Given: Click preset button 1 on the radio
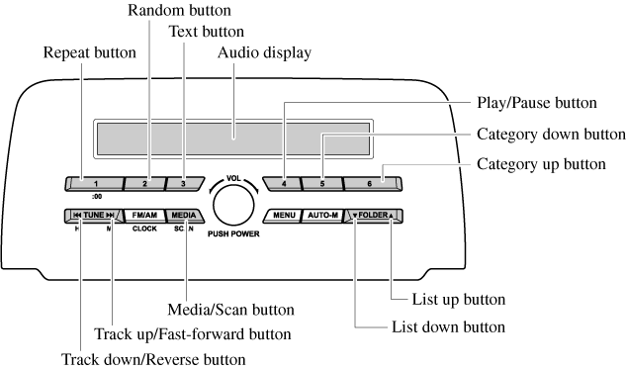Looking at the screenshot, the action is [x=95, y=184].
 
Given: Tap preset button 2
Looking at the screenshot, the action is [x=144, y=184].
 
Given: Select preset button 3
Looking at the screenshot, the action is [x=184, y=184].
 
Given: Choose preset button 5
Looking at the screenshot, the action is [x=322, y=184].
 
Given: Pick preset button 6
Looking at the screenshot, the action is [x=372, y=184].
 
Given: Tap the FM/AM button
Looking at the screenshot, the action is [x=144, y=216].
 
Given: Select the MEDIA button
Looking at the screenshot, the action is [x=184, y=216].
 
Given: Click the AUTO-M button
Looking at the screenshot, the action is [x=322, y=216].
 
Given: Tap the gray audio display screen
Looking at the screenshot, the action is [x=233, y=139].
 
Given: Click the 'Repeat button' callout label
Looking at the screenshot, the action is [x=90, y=52].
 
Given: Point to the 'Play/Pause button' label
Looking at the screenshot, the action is [x=537, y=103].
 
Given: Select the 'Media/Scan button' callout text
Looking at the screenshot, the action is [x=230, y=310].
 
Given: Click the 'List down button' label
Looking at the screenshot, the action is [x=448, y=327].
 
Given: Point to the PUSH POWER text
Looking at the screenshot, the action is [x=233, y=234].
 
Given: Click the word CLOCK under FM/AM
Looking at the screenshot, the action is [x=144, y=229].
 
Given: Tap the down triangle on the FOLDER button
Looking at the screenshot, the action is [x=355, y=216].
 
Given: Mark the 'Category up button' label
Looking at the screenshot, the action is [x=541, y=164].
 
